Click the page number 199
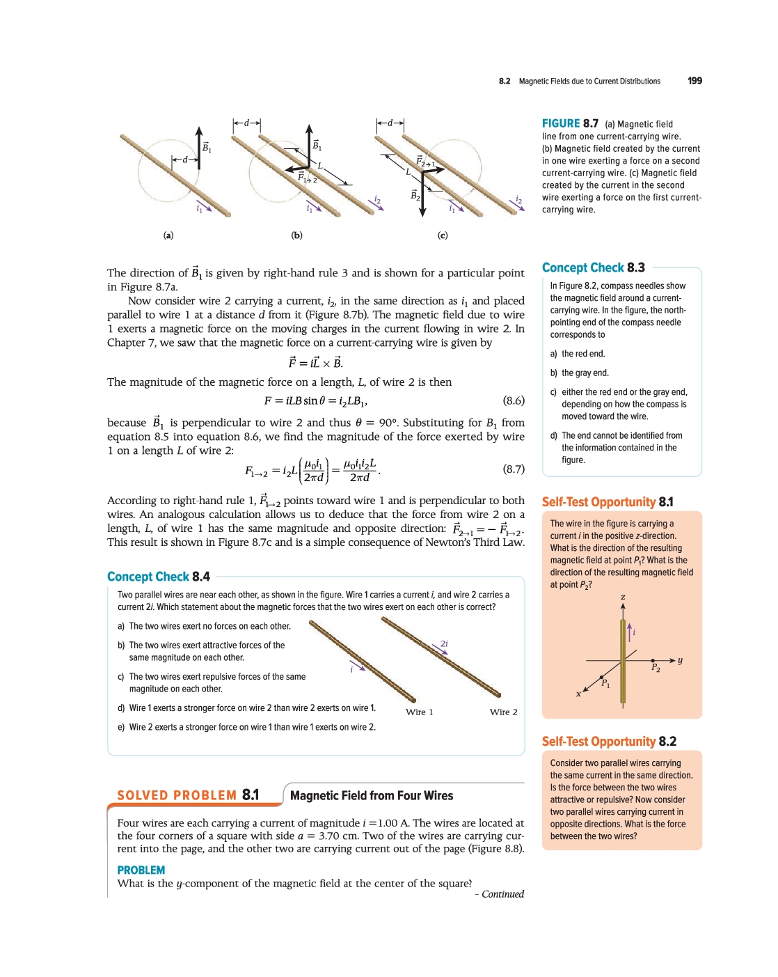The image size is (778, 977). (694, 81)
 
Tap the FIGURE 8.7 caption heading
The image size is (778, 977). (570, 123)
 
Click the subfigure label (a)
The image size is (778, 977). (168, 235)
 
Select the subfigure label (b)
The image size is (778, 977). (297, 235)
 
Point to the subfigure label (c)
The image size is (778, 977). (443, 235)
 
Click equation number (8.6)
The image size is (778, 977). (514, 400)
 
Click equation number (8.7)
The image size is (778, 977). (514, 469)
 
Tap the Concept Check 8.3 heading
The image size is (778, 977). (593, 268)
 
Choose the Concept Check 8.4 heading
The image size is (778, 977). (159, 577)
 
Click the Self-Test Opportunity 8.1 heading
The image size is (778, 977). (608, 502)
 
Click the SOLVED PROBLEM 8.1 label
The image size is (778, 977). (188, 795)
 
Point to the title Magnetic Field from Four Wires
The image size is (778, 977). (372, 795)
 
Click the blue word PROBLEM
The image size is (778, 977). (141, 870)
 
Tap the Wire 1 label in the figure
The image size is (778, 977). (420, 712)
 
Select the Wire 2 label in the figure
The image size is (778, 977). (504, 712)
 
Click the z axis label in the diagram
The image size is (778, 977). (623, 597)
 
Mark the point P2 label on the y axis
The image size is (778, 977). (656, 668)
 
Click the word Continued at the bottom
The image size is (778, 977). (502, 894)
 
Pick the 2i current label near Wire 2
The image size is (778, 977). (444, 643)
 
